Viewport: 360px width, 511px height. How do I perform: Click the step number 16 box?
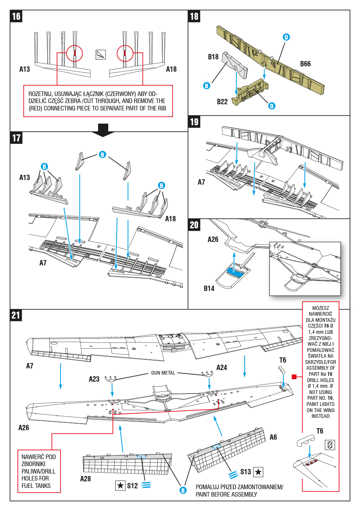pos(16,16)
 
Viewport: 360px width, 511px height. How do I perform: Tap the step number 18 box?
pos(194,16)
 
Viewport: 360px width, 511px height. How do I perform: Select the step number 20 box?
pos(194,225)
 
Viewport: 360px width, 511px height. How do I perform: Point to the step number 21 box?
pos(16,316)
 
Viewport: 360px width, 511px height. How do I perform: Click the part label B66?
pos(305,64)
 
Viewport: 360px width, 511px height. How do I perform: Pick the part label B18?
pos(213,57)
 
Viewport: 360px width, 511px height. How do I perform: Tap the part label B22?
pos(222,101)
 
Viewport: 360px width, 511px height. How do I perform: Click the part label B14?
pos(209,288)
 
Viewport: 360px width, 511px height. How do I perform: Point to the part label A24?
pos(222,367)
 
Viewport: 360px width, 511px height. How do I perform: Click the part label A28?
pos(86,479)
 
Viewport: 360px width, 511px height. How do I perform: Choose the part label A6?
pos(274,437)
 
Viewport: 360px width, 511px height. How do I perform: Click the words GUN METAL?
pos(163,373)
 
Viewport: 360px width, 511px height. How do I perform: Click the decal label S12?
pos(132,486)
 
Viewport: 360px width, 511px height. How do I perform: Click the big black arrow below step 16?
pos(103,129)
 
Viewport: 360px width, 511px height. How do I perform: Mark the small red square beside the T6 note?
pos(294,377)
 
